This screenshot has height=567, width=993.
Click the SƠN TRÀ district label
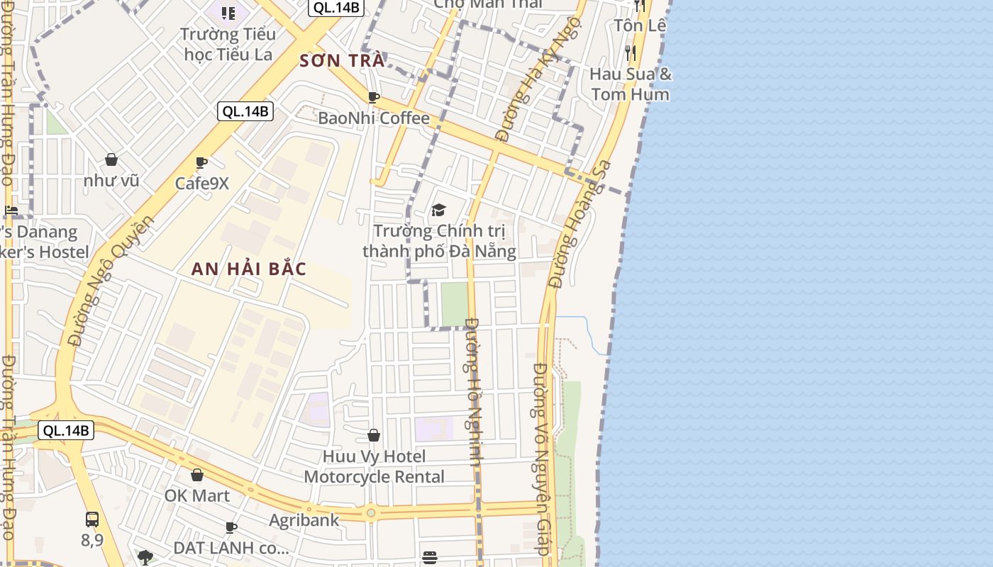pos(342,61)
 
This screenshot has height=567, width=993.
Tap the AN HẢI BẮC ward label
pos(249,269)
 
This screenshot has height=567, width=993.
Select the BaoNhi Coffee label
pos(374,118)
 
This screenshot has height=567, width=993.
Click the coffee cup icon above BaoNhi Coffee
pos(374,97)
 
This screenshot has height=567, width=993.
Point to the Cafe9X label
pos(202,183)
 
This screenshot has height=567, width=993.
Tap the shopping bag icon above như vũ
pos(111,159)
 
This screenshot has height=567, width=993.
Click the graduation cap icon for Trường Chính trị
pos(439,210)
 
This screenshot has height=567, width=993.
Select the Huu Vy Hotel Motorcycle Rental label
pos(374,466)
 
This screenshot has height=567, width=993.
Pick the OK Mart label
pos(197,495)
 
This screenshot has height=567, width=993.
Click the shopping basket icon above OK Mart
pos(197,475)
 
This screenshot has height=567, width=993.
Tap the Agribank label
pos(304,520)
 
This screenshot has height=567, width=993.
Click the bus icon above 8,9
pos(92,520)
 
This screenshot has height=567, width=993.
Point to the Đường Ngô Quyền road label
pos(111,280)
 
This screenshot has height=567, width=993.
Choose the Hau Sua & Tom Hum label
pos(630,84)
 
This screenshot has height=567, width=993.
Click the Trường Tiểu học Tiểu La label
pos(228,44)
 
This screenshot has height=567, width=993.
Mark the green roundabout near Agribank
pos(370,512)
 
